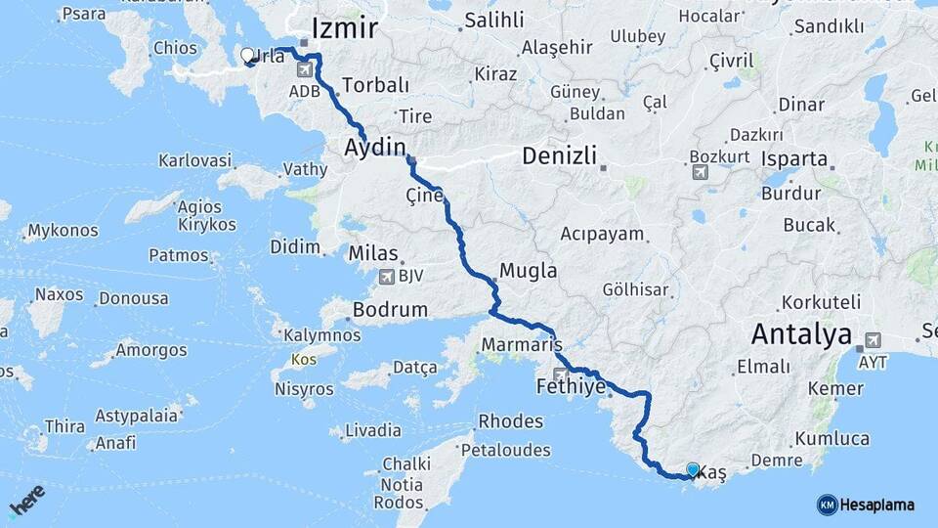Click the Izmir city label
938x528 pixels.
point(344,26)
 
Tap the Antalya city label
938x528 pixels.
point(801,334)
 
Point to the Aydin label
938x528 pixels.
point(374,148)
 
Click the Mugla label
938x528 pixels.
point(528,270)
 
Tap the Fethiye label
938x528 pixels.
point(572,387)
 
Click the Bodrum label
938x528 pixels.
point(389,310)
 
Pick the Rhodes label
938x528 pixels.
point(510,421)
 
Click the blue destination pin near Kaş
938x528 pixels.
point(693,470)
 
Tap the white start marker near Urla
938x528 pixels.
point(247,56)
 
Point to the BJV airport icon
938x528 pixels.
point(386,277)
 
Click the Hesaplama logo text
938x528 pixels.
point(876,505)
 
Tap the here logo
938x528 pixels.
point(26,500)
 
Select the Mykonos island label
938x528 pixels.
point(63,231)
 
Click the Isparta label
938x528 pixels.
point(794,158)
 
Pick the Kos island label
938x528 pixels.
point(300,361)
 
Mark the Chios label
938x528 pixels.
point(175,48)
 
